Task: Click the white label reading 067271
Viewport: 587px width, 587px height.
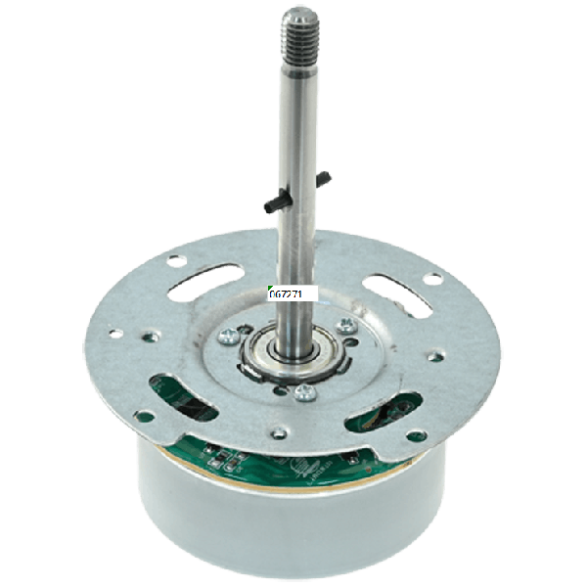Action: tap(288, 293)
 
